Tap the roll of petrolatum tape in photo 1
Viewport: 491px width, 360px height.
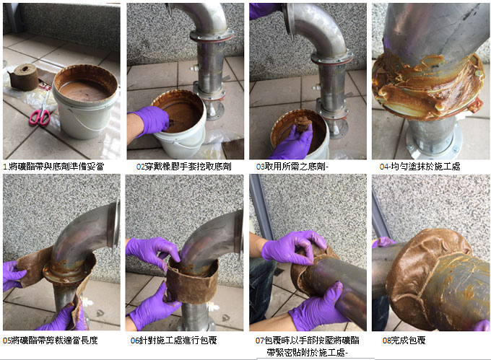(24, 77)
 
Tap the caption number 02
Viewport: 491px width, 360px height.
(140, 167)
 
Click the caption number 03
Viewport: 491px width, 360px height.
(260, 167)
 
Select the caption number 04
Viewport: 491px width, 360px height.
(384, 167)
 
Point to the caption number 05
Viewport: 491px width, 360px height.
(7, 341)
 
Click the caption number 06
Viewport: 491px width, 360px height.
(134, 341)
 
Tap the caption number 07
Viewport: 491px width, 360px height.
(260, 341)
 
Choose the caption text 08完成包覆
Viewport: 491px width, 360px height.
(404, 341)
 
